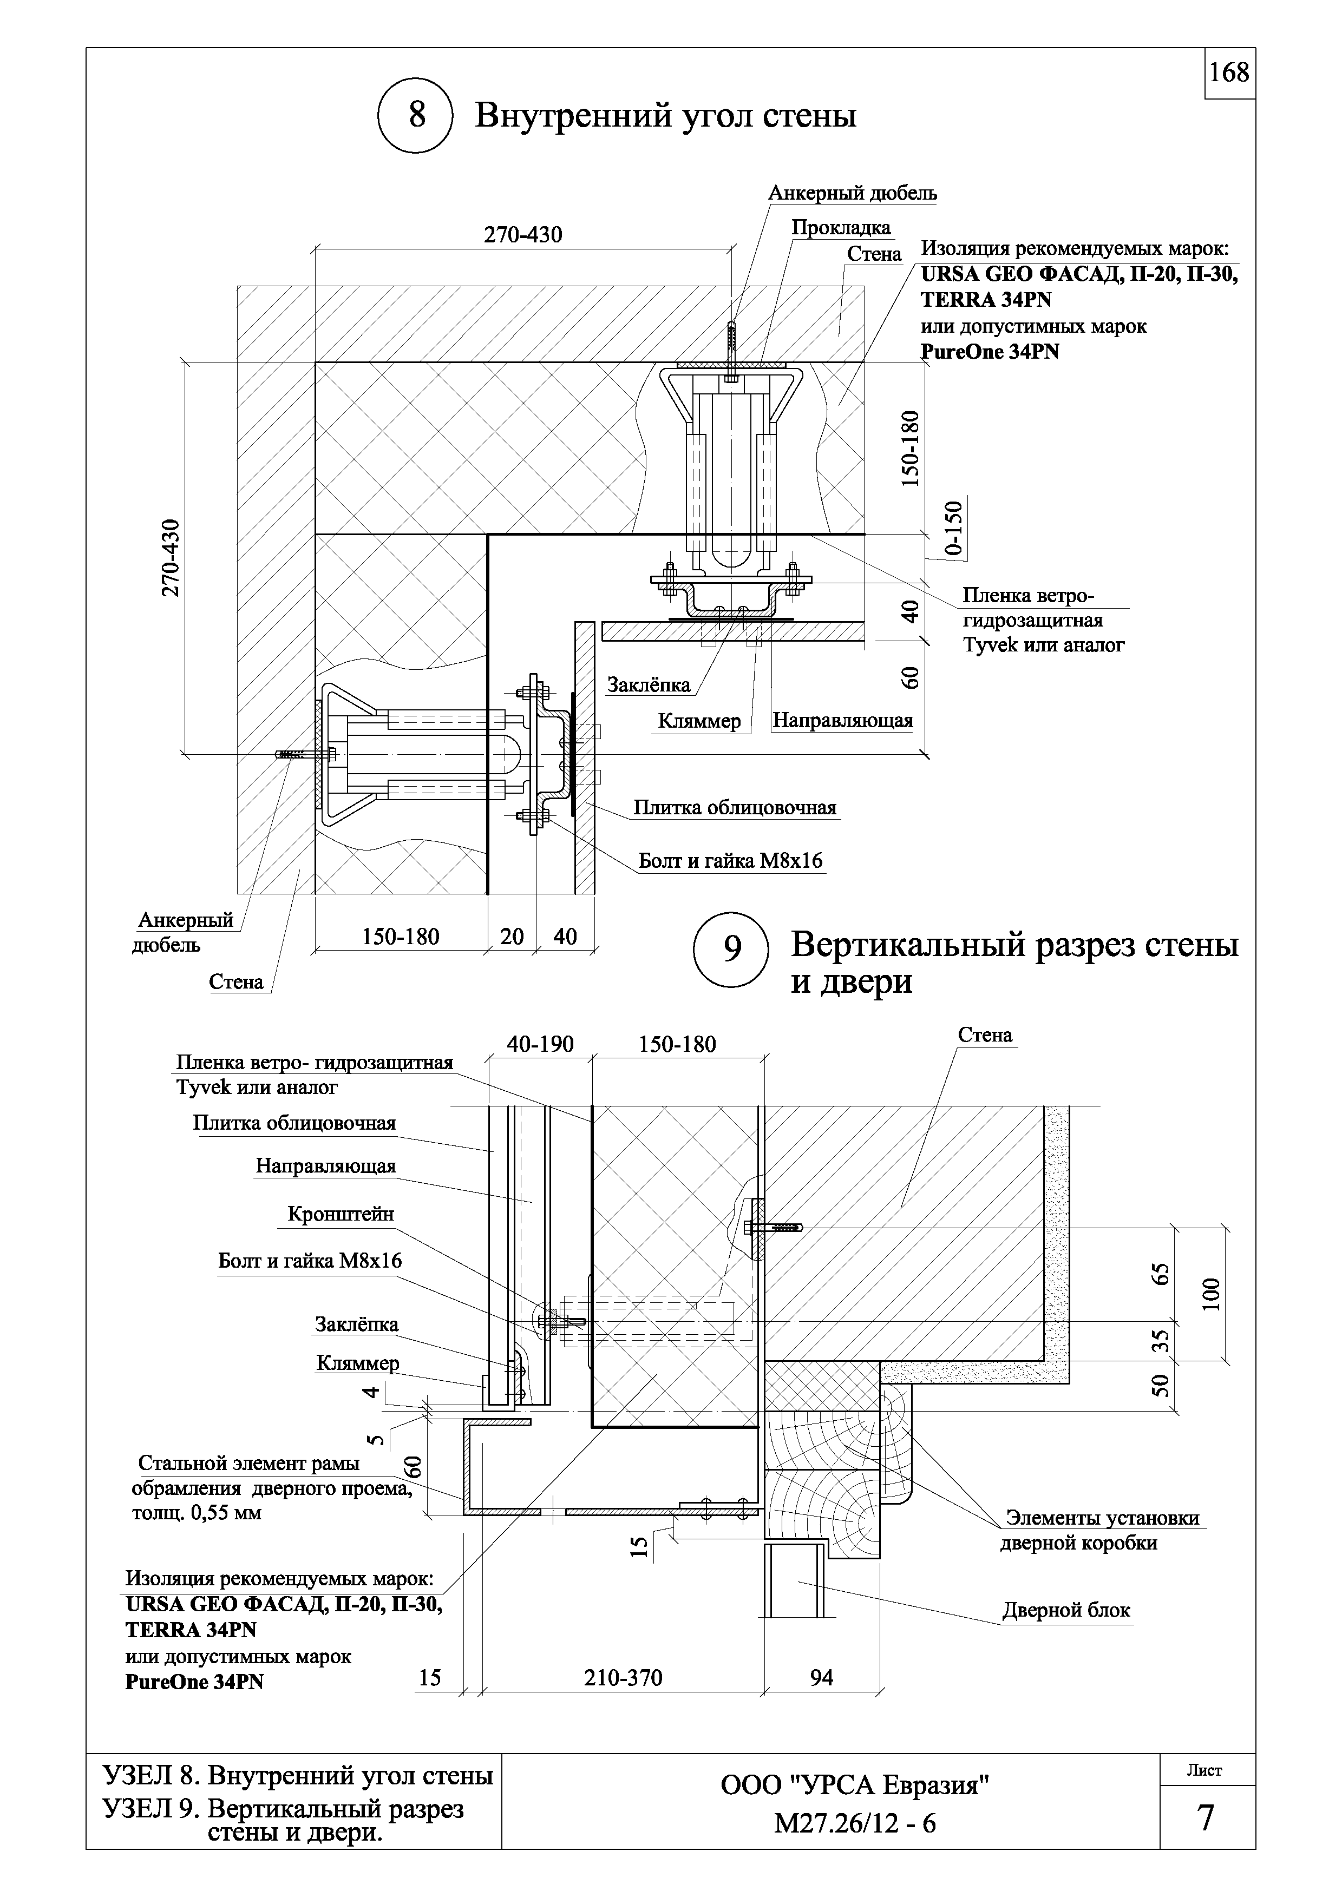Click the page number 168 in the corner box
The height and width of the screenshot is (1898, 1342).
click(x=1229, y=74)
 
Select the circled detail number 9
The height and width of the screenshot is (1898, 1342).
click(x=732, y=950)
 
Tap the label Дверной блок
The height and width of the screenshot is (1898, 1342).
click(x=1066, y=1610)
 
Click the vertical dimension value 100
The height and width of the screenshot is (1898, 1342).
click(x=1210, y=1295)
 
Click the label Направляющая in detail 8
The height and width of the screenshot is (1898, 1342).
click(x=842, y=721)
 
